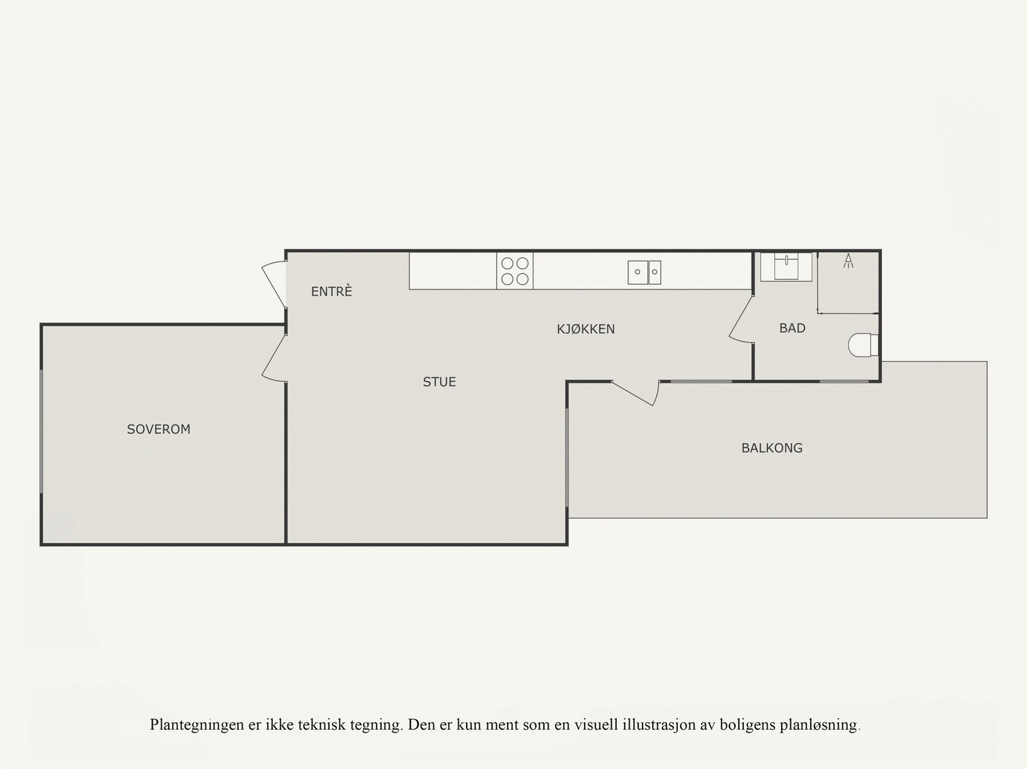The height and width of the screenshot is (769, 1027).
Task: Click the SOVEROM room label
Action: [159, 429]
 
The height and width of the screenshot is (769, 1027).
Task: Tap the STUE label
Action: [439, 382]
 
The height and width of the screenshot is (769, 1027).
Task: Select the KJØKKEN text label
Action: [585, 329]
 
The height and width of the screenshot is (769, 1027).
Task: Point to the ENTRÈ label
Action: [331, 291]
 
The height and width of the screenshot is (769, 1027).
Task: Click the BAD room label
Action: [792, 328]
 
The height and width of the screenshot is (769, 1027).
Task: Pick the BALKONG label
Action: [772, 448]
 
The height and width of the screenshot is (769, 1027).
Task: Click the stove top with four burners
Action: [515, 271]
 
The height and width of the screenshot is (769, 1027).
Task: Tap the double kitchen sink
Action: [644, 272]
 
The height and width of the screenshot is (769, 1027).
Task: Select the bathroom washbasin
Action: [786, 266]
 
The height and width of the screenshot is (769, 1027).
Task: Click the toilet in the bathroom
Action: [863, 345]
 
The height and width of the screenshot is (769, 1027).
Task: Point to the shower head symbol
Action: [849, 261]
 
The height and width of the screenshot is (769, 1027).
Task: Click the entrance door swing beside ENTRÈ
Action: [274, 283]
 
